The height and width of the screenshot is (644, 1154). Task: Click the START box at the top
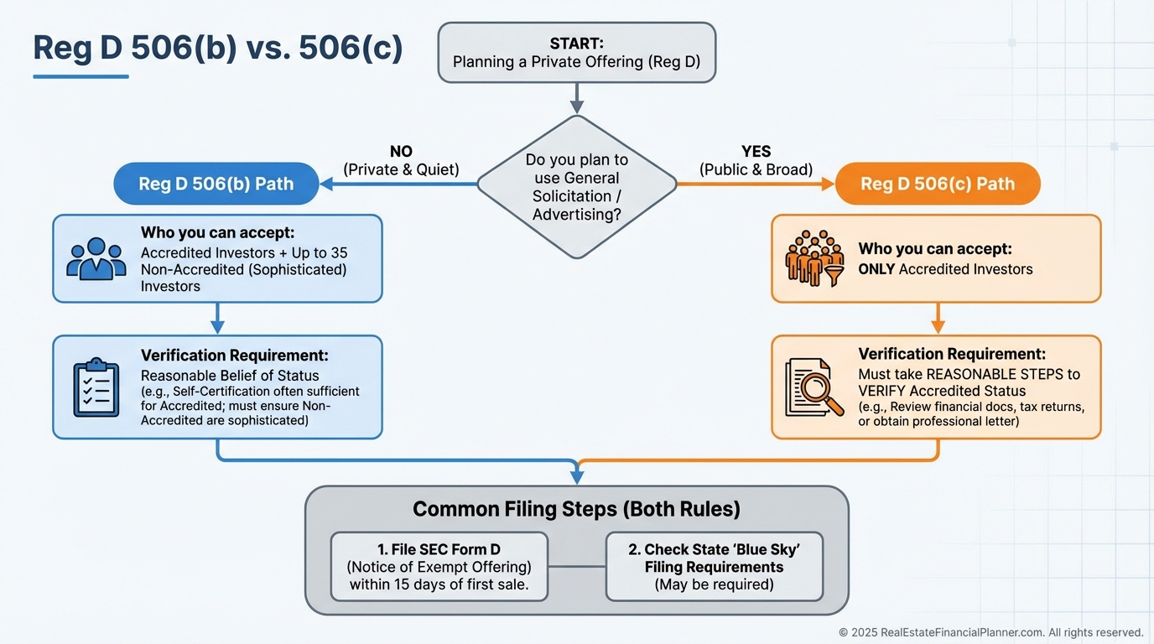[x=576, y=52]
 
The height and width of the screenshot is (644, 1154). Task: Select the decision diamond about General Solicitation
[x=576, y=187]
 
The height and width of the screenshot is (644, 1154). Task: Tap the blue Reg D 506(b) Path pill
[x=216, y=184]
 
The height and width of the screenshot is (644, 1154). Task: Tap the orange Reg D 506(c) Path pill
[x=937, y=184]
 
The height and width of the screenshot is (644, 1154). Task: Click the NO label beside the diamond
[x=401, y=152]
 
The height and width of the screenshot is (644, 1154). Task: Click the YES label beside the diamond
[x=756, y=152]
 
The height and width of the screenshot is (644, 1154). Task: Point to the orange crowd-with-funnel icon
[x=814, y=257]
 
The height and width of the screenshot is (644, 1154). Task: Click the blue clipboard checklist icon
[x=96, y=387]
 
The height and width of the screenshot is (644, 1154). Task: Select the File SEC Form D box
[x=439, y=567]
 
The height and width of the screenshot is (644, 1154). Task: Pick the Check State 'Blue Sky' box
[x=714, y=567]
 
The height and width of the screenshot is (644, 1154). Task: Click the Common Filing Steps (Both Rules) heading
[x=576, y=509]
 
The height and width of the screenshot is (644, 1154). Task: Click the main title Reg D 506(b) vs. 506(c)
[x=217, y=49]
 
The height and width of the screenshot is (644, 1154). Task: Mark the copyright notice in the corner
[x=990, y=632]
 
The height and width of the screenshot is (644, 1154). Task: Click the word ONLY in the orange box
[x=876, y=269]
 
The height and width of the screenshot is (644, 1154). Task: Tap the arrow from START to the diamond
[x=576, y=97]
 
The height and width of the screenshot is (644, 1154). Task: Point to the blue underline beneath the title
[x=81, y=76]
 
